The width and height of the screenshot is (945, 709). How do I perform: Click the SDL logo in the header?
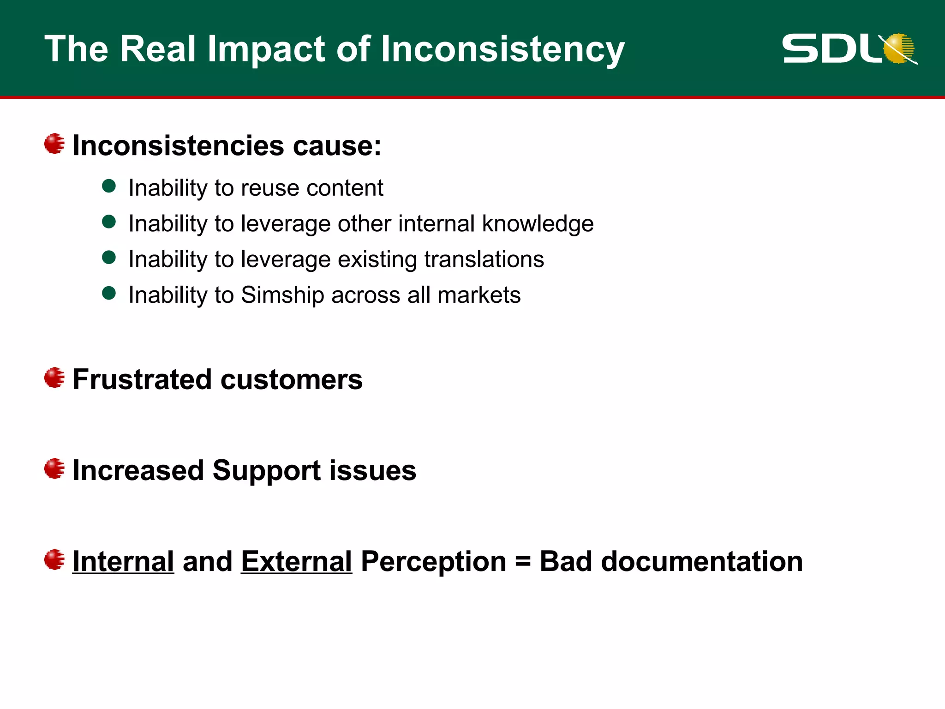point(849,48)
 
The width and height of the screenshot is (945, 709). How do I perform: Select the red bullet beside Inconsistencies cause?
point(54,144)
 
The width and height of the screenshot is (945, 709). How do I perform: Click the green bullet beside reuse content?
point(109,186)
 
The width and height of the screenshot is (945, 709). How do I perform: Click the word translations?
point(484,259)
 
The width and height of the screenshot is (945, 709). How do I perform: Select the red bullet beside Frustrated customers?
point(54,378)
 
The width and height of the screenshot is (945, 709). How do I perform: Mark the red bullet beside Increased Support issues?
point(54,469)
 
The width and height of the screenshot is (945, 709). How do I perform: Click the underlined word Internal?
point(123,561)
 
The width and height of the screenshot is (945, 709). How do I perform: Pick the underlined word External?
point(296,561)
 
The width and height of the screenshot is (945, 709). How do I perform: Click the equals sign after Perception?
point(523,562)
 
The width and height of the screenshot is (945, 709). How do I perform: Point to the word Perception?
point(433,562)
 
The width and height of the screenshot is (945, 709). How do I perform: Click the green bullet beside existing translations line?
point(109,258)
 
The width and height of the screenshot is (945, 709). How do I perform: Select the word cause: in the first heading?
point(337,146)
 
